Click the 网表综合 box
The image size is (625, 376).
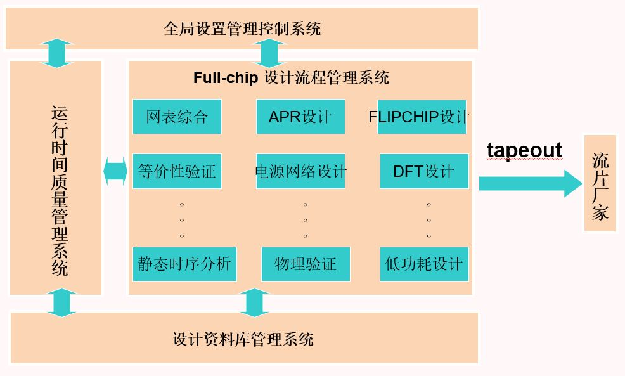tap(177, 117)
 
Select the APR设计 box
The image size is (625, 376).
tap(300, 117)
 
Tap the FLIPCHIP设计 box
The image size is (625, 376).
tap(422, 117)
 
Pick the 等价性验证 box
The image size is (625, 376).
tap(177, 171)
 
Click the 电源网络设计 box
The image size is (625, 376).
tap(300, 171)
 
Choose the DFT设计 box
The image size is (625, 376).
tap(424, 171)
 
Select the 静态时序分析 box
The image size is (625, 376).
tap(184, 264)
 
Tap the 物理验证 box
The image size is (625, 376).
tap(306, 264)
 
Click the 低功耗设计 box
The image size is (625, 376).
tap(424, 264)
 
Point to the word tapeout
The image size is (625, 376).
tap(524, 150)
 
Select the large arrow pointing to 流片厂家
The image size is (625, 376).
tap(530, 184)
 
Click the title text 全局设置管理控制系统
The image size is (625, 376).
tap(242, 29)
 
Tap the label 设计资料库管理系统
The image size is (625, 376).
tap(243, 339)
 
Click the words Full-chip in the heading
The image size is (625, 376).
tap(226, 78)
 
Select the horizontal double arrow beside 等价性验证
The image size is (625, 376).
tap(115, 171)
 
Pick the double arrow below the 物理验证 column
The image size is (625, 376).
tap(254, 302)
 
